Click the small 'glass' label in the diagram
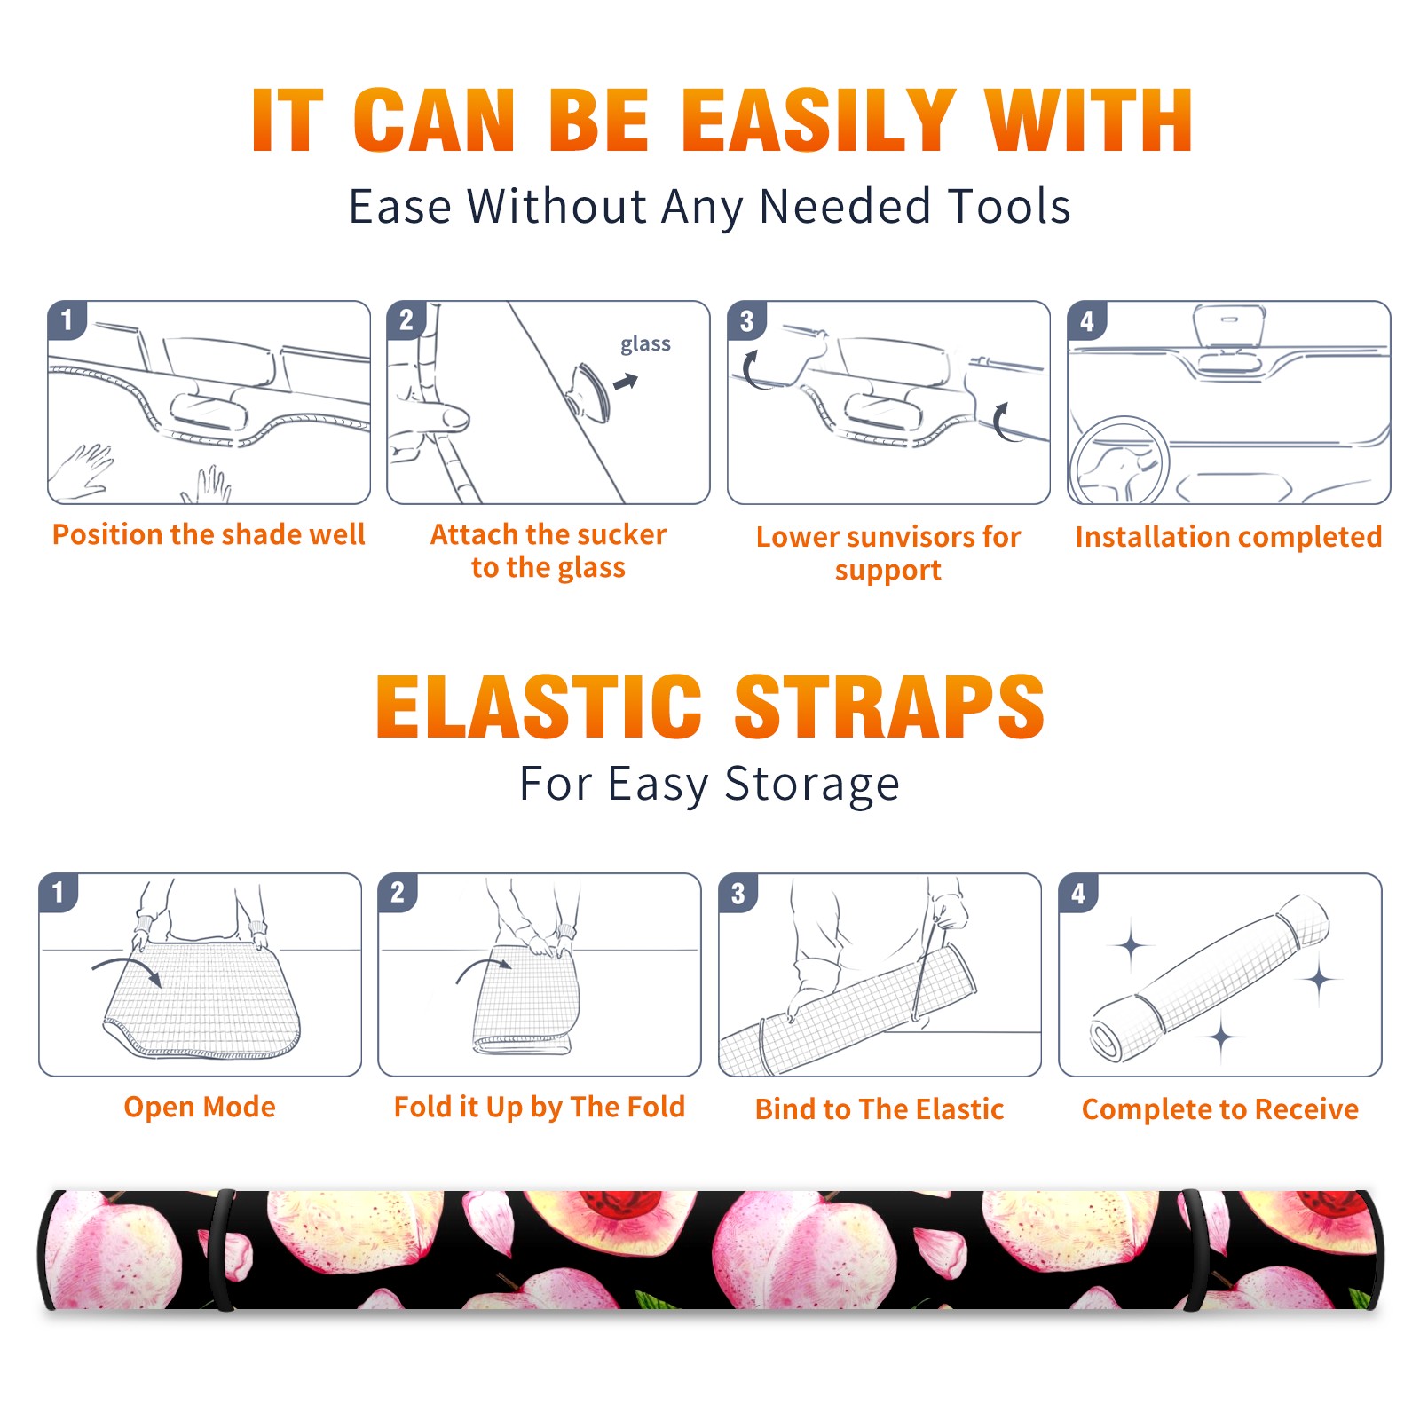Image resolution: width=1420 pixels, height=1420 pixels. point(645,344)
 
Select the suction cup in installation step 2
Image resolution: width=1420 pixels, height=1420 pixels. point(589,392)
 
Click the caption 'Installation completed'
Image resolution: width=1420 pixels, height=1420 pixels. point(1228,536)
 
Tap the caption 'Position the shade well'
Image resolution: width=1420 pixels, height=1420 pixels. point(209,534)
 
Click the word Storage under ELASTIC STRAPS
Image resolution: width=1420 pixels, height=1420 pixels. point(812,785)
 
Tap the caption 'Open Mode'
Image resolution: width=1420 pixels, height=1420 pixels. point(200,1107)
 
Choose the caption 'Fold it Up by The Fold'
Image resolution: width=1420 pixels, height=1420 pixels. point(540,1107)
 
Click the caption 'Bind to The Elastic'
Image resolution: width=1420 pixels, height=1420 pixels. point(880,1109)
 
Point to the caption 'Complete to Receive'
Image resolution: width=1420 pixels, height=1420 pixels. point(1220,1109)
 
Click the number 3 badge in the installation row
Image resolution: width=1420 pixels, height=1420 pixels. point(746,320)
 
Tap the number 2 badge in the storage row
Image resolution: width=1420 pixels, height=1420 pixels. point(398,893)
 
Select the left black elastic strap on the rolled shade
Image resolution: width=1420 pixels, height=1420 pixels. point(222,1250)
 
